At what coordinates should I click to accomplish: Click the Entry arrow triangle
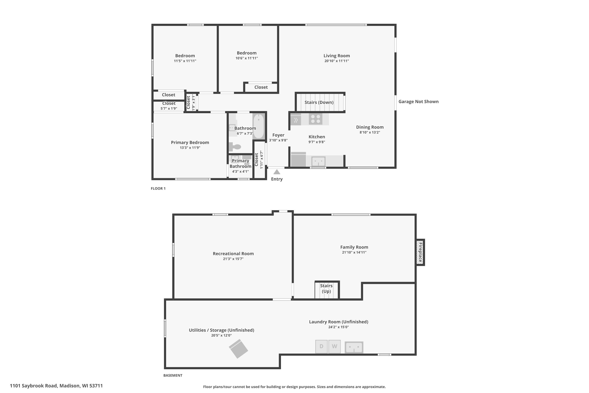point(277,172)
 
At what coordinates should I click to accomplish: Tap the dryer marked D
point(321,346)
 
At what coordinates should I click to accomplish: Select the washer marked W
point(334,346)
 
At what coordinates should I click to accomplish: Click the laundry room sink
point(354,347)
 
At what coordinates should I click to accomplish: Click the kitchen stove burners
point(316,119)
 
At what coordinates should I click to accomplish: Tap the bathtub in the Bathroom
point(259,126)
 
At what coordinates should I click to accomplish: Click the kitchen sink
point(318,161)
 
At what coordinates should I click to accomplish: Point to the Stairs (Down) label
point(319,102)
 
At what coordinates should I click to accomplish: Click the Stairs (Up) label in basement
point(326,288)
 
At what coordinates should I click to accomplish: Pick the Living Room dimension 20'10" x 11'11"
point(337,61)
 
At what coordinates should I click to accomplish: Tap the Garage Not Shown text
point(418,102)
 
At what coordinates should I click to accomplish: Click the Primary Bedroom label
point(190,142)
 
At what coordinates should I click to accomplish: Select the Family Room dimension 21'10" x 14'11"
point(354,252)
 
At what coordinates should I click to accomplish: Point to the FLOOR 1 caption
point(158,188)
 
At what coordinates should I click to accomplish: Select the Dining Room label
point(370,127)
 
